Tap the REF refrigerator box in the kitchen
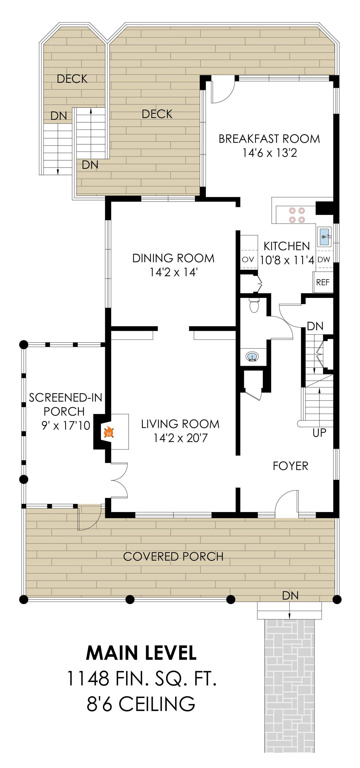pos(323,282)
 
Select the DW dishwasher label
pos(324,259)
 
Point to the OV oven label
pos(248,259)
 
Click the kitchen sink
pos(324,237)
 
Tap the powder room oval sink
pos(252,357)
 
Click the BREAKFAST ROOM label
pos(269,139)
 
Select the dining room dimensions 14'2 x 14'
pos(173,272)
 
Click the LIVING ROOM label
pos(180,424)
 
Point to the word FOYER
pos(290,466)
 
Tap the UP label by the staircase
pos(319,432)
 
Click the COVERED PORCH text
pos(173,556)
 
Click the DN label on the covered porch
pos(290,595)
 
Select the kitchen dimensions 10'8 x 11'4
pos(287,260)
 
